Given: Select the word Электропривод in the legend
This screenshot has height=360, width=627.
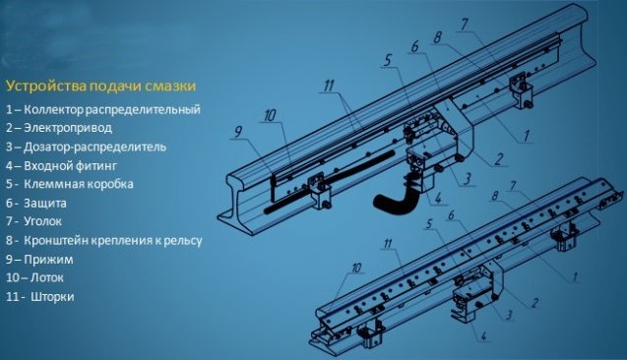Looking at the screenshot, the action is [x=68, y=128].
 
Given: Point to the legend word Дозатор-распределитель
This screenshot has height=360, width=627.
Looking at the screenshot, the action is [x=94, y=147].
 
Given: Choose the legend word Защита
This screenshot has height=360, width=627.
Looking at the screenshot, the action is [x=45, y=203].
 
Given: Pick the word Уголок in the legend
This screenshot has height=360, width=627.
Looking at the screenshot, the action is [x=42, y=221].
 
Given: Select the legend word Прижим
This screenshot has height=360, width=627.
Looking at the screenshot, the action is [x=48, y=260].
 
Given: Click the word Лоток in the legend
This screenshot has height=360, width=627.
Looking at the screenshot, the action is [x=47, y=277].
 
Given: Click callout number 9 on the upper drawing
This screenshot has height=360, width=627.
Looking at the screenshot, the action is [x=238, y=132].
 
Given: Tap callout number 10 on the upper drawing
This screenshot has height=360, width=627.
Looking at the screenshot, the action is [x=271, y=115].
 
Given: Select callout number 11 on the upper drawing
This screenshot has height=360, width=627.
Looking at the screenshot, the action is [x=329, y=86].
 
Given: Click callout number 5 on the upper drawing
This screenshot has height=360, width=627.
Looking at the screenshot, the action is [x=388, y=61].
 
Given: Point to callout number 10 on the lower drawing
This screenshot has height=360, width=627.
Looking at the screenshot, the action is [x=356, y=268].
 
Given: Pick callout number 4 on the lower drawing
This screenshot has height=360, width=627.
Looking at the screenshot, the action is [x=484, y=336].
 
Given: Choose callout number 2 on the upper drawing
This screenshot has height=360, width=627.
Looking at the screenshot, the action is [x=499, y=159].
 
